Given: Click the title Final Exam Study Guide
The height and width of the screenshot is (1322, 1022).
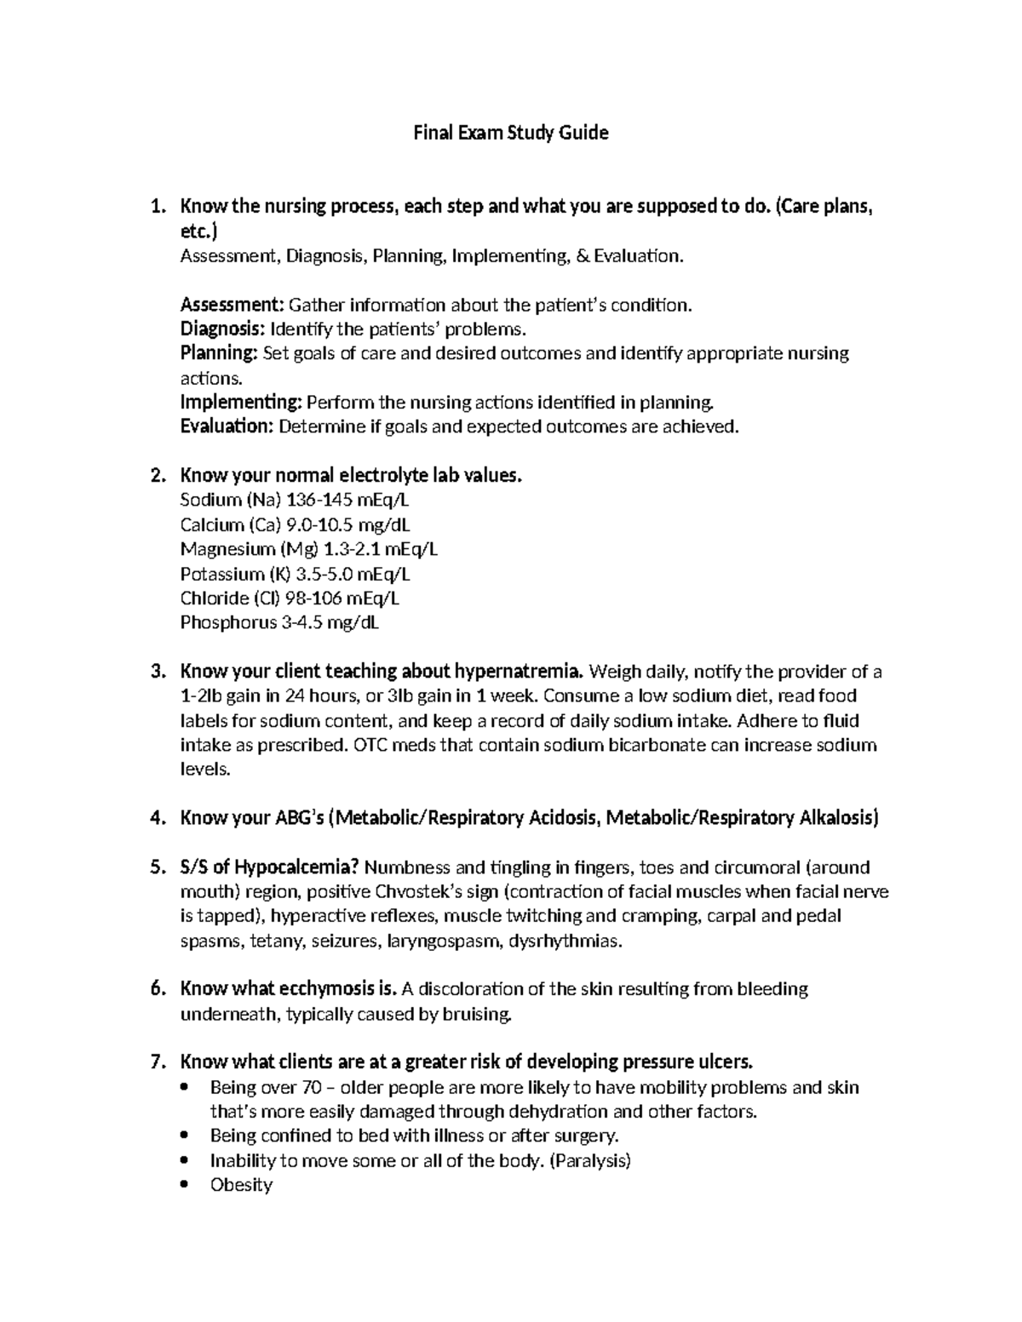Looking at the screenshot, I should click(510, 133).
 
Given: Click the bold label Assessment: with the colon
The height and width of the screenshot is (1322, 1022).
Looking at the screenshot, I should click(232, 305).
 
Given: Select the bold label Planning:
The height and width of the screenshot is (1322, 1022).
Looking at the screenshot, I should click(219, 353).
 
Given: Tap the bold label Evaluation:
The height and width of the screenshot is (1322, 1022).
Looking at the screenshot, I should click(227, 426).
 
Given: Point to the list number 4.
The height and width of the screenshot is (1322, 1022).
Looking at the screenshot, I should click(156, 819).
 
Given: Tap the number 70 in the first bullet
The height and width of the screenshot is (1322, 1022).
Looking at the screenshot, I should click(311, 1088).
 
